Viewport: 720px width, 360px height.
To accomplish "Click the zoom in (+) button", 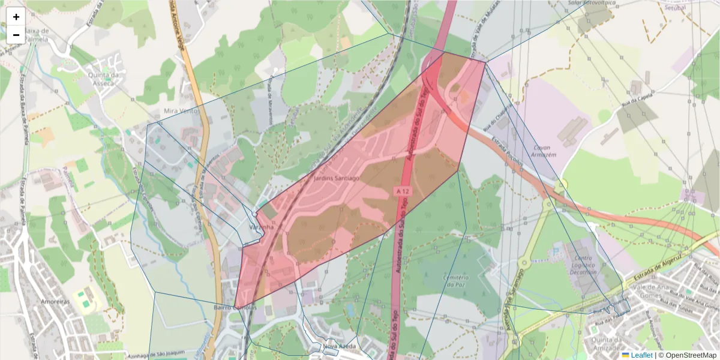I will coord(16,17).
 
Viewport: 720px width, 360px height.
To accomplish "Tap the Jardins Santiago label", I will coord(337,178).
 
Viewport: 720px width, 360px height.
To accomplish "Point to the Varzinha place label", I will coord(262,227).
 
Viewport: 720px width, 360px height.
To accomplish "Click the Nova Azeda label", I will coord(339,346).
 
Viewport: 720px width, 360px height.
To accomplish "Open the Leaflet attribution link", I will coord(641,355).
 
